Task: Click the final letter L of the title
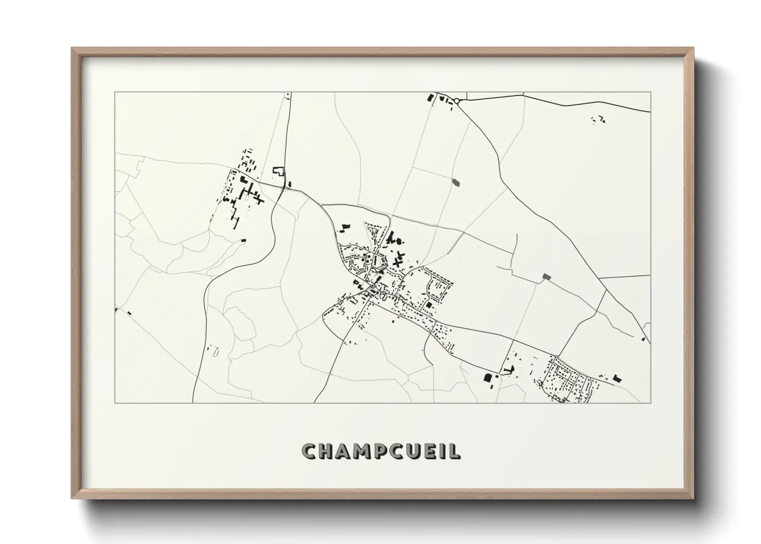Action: coord(456,451)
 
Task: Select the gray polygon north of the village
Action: coord(456,182)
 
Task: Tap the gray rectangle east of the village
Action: coord(547,277)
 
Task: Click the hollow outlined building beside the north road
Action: coord(278,171)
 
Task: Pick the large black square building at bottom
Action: coord(487,377)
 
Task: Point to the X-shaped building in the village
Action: coord(396,261)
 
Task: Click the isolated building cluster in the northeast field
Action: coord(599,120)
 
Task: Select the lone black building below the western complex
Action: coord(244,240)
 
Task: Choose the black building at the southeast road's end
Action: coord(618,379)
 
